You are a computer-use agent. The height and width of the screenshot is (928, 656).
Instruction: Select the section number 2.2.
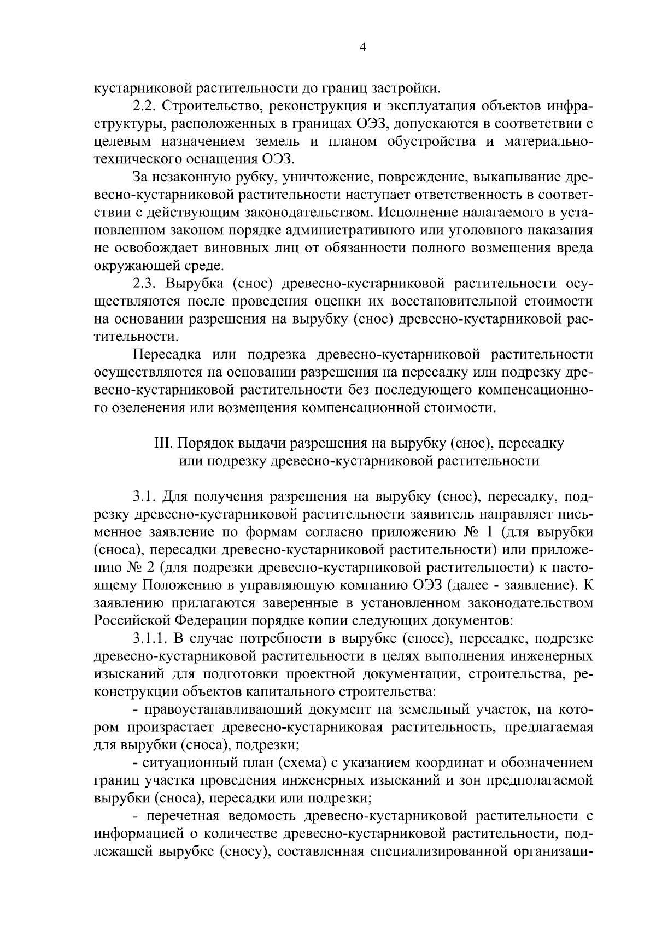(x=145, y=105)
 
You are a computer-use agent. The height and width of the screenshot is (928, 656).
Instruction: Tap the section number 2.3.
(x=145, y=284)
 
